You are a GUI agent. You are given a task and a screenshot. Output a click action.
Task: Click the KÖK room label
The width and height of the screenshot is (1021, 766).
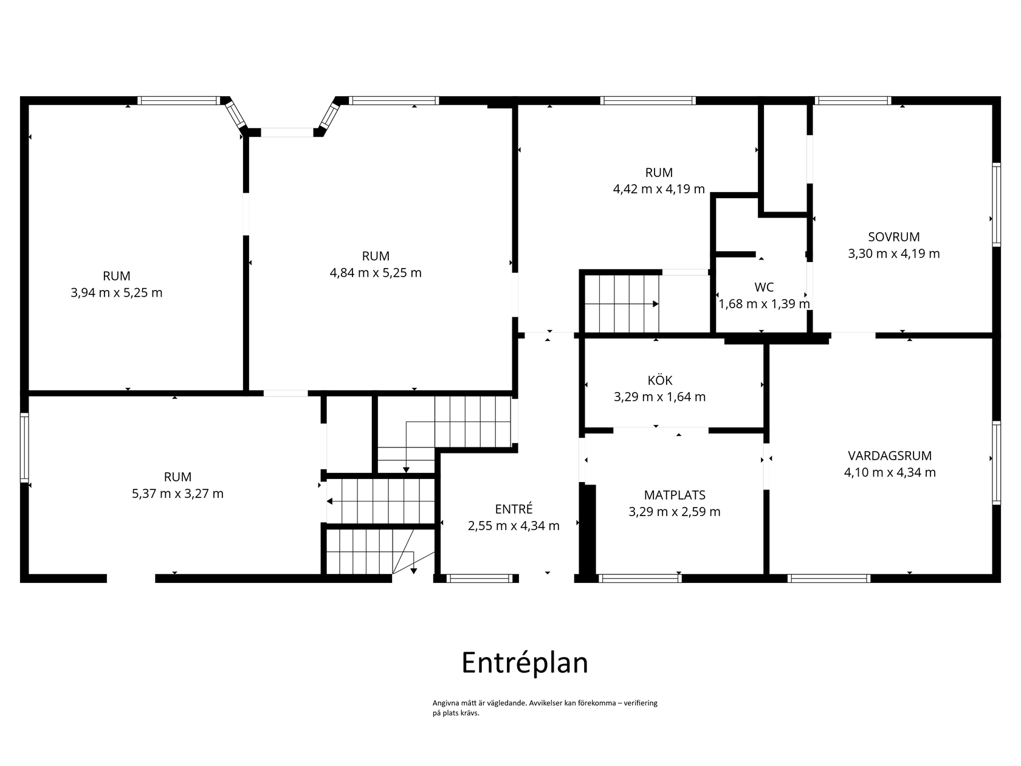[659, 380]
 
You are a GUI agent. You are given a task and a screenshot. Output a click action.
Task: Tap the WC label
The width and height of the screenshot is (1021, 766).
[764, 287]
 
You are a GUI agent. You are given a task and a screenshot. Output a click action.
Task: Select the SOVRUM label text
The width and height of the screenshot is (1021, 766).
[893, 236]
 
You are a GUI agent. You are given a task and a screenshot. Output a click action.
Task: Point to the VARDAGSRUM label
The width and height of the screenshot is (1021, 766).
[889, 455]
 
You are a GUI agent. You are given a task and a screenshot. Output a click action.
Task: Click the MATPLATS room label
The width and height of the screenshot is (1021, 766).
[675, 495]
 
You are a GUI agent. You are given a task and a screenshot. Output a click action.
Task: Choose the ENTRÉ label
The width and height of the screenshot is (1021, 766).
[514, 509]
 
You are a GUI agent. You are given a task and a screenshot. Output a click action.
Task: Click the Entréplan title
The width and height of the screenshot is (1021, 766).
[524, 663]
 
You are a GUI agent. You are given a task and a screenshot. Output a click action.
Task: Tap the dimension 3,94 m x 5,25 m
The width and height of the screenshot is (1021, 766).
[116, 292]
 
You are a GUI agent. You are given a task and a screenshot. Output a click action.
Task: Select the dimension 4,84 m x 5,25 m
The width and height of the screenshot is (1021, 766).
[376, 272]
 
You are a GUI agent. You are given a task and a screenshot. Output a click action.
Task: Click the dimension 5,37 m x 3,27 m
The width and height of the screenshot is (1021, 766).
[177, 494]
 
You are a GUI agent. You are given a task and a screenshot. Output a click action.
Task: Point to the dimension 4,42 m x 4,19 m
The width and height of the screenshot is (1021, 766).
[659, 189]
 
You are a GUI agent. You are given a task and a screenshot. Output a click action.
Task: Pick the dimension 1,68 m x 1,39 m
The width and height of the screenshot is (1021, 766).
[765, 304]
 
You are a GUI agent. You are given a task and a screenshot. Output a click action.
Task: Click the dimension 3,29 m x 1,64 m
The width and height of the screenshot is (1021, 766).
[659, 397]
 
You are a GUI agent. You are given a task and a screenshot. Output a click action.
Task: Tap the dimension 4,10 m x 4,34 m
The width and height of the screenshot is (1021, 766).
[890, 472]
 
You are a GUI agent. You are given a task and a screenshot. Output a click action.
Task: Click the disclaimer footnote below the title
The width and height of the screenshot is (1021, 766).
[545, 708]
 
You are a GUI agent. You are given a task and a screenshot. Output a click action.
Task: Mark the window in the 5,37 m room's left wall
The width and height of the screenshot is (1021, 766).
[24, 447]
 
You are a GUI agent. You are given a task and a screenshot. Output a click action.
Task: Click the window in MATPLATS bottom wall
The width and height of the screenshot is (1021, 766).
[640, 578]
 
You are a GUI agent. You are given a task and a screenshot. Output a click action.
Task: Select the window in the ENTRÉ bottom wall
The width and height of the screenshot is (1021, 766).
[480, 578]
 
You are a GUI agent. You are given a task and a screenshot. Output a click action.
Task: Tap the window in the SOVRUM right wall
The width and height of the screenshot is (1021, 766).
[996, 205]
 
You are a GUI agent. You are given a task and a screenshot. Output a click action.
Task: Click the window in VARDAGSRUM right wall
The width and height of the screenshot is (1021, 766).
[996, 463]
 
